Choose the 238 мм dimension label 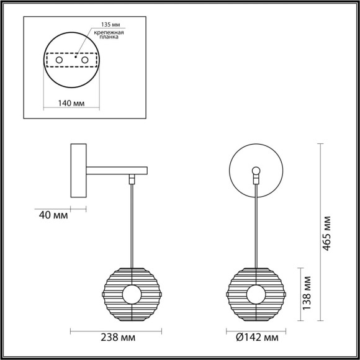119,338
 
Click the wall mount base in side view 79,169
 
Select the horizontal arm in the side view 116,169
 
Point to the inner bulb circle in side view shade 132,294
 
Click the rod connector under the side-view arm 132,179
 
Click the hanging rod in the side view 132,223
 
